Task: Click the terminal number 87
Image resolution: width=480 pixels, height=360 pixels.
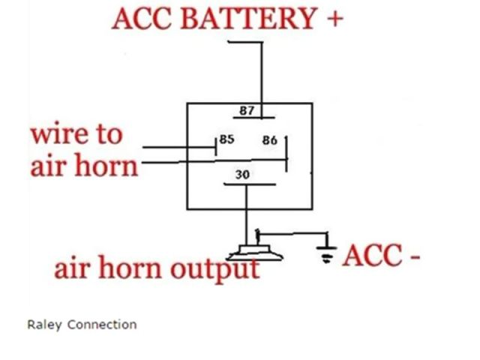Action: pyautogui.click(x=247, y=111)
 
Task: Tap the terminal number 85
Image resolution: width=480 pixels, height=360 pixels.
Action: pyautogui.click(x=227, y=139)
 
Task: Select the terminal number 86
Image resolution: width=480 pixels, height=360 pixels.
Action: pyautogui.click(x=269, y=140)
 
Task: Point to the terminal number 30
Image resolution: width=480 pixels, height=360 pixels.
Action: pyautogui.click(x=243, y=174)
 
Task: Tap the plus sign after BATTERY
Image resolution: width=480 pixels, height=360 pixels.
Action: pyautogui.click(x=334, y=17)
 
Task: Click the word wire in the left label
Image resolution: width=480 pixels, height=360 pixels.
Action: pyautogui.click(x=58, y=136)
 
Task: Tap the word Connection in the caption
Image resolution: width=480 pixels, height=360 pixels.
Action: pyautogui.click(x=102, y=325)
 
